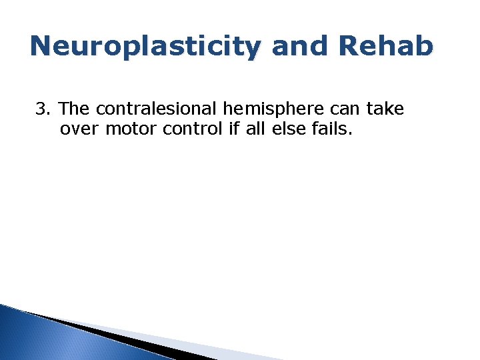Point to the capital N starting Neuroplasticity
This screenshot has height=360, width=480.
43,46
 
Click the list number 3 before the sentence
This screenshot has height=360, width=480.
41,109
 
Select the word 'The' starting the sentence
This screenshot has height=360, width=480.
75,109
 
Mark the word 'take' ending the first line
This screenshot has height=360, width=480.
385,109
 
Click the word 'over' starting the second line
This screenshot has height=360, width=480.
80,128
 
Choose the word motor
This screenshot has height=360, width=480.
130,128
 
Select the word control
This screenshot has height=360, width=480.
189,128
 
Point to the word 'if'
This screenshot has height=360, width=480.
233,128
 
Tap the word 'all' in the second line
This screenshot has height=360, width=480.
255,128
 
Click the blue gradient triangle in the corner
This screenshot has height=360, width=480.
40,337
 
